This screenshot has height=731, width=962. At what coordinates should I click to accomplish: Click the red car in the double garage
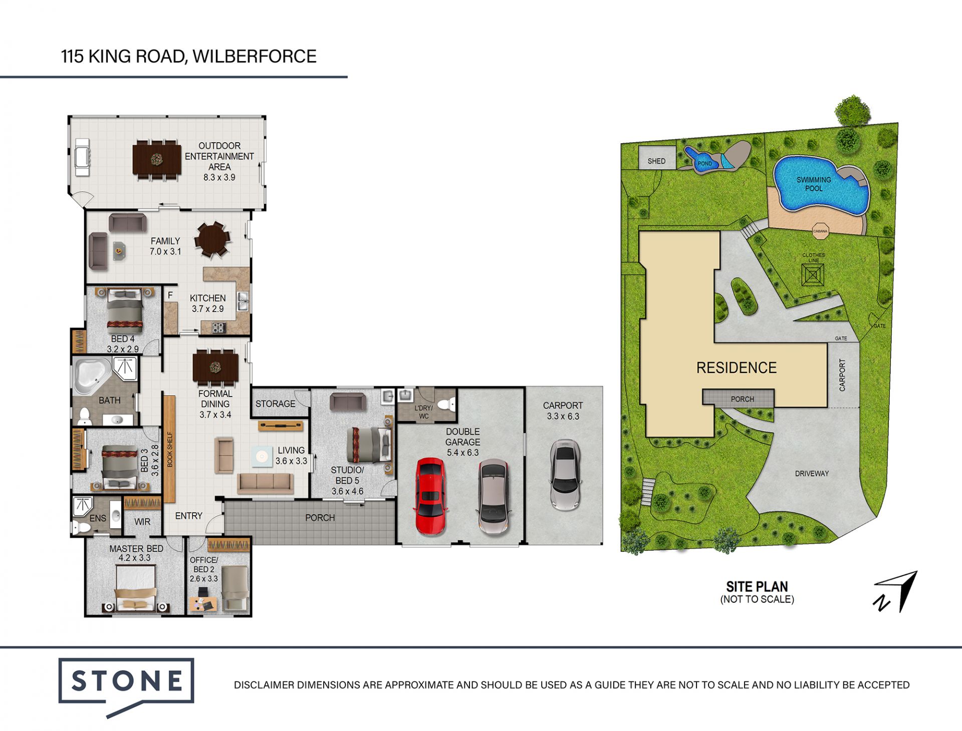pyautogui.click(x=430, y=496)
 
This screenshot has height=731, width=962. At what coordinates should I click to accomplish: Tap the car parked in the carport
pyautogui.click(x=565, y=475)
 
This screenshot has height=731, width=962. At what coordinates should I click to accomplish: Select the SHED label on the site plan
pyautogui.click(x=656, y=161)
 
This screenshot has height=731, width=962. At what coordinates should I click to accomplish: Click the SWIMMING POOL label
pyautogui.click(x=814, y=184)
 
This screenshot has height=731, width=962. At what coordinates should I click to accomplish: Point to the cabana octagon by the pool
pyautogui.click(x=820, y=231)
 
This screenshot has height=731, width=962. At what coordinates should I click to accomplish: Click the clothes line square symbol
pyautogui.click(x=813, y=275)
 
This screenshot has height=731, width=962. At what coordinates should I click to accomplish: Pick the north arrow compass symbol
pyautogui.click(x=897, y=591)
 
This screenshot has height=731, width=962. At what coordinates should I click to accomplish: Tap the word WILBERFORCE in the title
pyautogui.click(x=255, y=56)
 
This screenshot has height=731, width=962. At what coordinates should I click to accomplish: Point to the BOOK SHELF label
pyautogui.click(x=170, y=449)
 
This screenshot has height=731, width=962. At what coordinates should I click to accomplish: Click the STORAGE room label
pyautogui.click(x=275, y=404)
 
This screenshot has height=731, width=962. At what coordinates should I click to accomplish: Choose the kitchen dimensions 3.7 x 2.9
pyautogui.click(x=207, y=309)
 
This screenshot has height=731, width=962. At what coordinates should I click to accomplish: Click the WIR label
pyautogui.click(x=142, y=522)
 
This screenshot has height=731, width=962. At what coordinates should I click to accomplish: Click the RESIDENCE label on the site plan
pyautogui.click(x=736, y=368)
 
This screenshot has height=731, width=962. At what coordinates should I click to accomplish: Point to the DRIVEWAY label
pyautogui.click(x=812, y=473)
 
